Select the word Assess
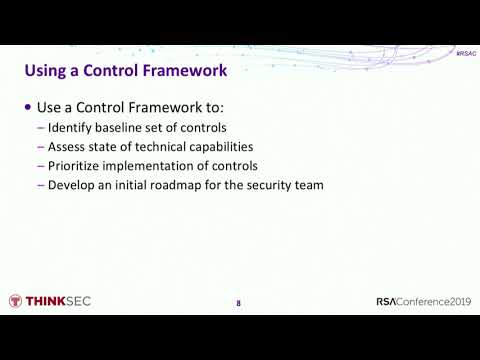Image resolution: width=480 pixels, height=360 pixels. click(66, 146)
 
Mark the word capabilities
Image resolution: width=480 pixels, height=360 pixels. click(225, 146)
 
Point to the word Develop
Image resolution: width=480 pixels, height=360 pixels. click(69, 184)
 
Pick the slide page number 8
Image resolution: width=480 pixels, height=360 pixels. click(238, 303)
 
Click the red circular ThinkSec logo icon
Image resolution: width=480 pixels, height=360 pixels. click(15, 301)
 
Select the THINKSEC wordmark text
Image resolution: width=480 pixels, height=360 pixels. click(58, 301)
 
